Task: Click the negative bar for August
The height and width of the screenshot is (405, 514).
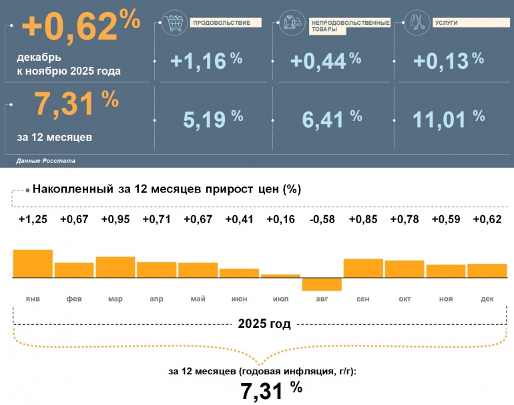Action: coord(322,284)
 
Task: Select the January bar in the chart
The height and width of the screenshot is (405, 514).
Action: coord(33,263)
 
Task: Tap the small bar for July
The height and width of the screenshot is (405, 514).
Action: coord(280,275)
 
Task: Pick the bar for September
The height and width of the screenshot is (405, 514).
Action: coord(363,267)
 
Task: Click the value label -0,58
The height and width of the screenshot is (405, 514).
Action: coord(322,220)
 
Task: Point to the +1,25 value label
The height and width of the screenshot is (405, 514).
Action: coord(33,220)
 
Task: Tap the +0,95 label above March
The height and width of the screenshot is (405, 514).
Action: coord(115,220)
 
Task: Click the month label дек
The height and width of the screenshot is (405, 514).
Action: coord(487,299)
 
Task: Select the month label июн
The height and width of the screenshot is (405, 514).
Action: coord(239,299)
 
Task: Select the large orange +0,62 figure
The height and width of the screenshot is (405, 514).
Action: coord(81,26)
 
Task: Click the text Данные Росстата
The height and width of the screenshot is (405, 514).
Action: coord(45,162)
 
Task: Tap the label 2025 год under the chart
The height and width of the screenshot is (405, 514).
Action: coord(264,325)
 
